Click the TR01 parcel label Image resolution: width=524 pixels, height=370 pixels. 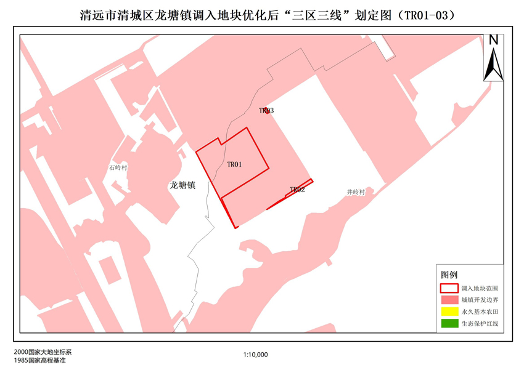click(x=234, y=164)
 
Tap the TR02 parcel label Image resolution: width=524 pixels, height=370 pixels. click(x=297, y=190)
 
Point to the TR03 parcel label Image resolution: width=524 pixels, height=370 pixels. click(x=266, y=111)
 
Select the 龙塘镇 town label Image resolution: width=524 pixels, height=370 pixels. click(x=182, y=185)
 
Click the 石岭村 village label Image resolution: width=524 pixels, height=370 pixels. click(x=117, y=167)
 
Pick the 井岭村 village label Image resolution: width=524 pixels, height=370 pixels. click(x=356, y=192)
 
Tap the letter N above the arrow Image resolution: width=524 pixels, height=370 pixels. click(x=493, y=40)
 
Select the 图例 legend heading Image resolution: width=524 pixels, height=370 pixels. click(x=449, y=274)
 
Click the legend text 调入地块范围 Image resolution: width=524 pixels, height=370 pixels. click(x=479, y=288)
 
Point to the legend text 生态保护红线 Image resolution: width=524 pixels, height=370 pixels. click(x=479, y=323)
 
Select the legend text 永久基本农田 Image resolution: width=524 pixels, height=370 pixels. click(x=479, y=312)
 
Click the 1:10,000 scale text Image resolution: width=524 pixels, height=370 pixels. click(x=255, y=355)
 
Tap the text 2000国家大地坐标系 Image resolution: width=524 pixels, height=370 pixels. click(x=42, y=352)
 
